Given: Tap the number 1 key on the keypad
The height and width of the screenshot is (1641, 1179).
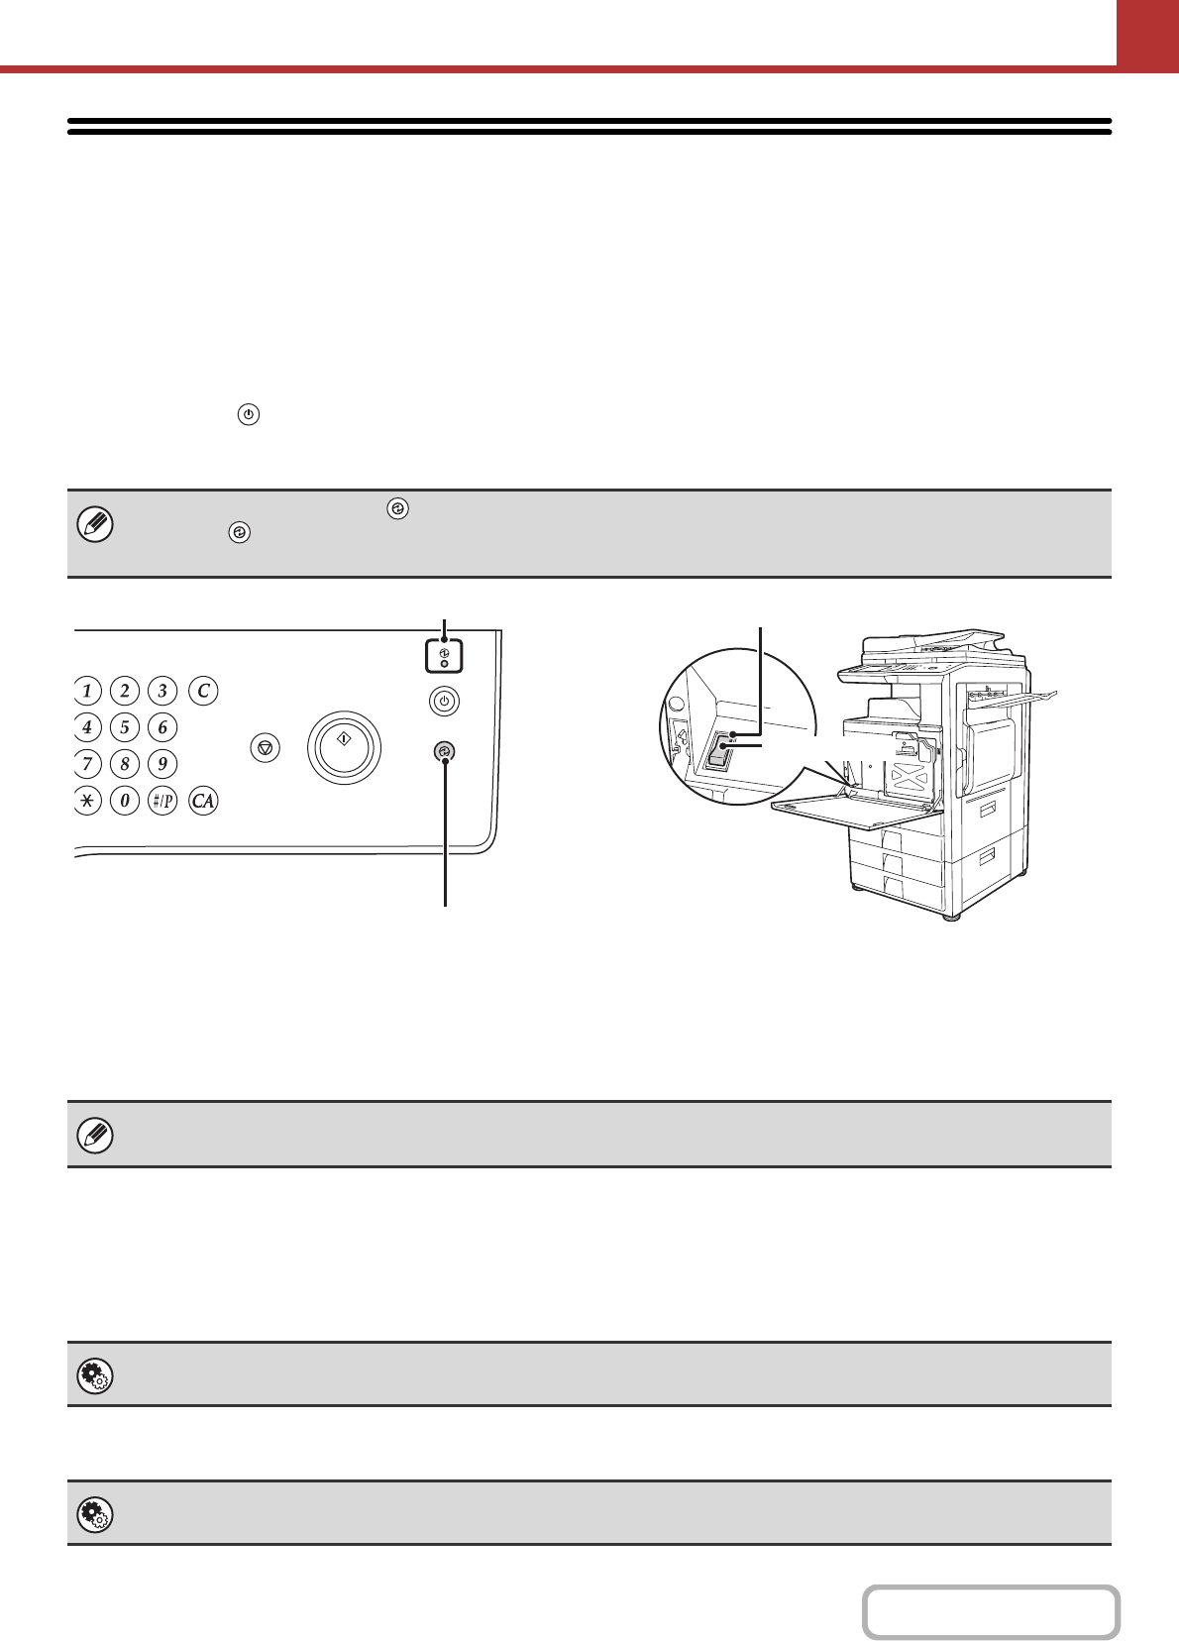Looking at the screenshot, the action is [87, 691].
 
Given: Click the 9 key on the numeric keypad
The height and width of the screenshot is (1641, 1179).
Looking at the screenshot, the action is [162, 764].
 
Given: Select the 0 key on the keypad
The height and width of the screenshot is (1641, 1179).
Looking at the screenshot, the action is [125, 801].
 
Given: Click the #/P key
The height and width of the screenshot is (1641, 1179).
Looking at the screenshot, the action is [162, 801].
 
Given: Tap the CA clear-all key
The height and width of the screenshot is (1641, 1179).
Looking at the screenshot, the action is [203, 801].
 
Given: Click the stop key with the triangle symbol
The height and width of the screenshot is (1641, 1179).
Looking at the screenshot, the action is [265, 748].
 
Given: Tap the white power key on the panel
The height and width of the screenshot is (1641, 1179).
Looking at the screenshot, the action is [444, 702].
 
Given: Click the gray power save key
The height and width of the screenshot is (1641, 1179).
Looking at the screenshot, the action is [444, 753].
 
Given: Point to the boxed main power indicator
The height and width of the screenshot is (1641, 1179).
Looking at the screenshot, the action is [444, 656].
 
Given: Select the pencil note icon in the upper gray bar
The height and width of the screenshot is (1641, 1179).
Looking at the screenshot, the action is [95, 524].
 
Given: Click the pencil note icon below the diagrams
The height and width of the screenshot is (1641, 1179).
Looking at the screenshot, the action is [95, 1135].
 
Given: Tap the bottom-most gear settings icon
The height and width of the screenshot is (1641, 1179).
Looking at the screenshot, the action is [95, 1514].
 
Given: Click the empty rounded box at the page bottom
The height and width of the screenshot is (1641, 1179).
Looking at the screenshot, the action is [991, 1612].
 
